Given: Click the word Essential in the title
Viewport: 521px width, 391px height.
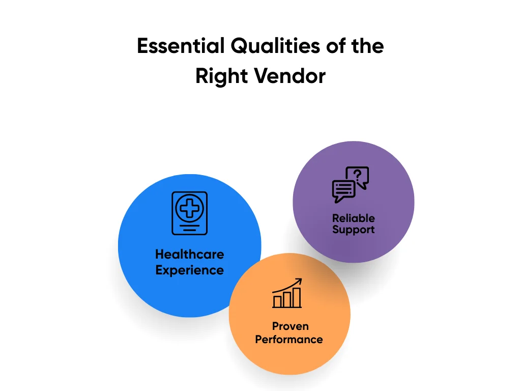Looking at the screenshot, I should pos(181,46).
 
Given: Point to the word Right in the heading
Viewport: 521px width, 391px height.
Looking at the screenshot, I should pos(222,76).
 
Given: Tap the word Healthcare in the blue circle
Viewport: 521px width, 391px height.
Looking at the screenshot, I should pos(189,254).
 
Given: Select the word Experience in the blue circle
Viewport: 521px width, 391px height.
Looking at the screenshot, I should pos(189,270).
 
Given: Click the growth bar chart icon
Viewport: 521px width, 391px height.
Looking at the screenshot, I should pos(287,294).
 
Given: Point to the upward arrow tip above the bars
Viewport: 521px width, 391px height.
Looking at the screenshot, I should pos(300,280).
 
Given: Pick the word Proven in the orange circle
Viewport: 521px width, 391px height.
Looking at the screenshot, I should pos(290,326).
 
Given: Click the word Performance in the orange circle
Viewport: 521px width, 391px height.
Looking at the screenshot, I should pos(289,339).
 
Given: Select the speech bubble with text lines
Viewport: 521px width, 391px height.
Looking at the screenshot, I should pos(343,190).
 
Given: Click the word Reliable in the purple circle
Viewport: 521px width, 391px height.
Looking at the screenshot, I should pos(354,218).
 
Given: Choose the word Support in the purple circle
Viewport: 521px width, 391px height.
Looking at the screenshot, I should pos(354,230).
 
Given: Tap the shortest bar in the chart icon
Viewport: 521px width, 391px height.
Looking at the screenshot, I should pos(277,301).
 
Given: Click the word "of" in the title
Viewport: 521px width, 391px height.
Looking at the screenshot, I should pos(333,46).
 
